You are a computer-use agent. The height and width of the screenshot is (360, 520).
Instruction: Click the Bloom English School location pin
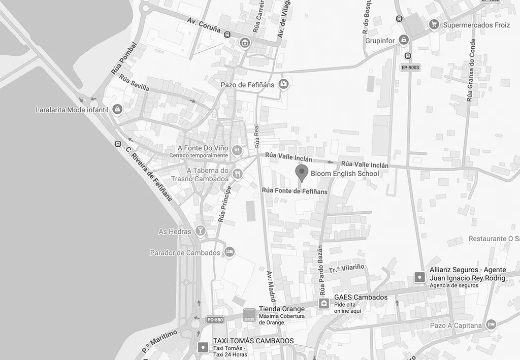coord(302,173)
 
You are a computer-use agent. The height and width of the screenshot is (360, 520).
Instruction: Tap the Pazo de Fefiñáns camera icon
coord(284,84)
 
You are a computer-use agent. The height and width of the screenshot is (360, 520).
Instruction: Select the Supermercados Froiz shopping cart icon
coord(434,24)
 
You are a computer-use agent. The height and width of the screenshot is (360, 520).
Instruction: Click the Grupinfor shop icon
coord(404,40)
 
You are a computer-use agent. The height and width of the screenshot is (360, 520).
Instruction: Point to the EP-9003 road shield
coord(410,68)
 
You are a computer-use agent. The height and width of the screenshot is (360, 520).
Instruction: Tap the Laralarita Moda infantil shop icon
coord(117,109)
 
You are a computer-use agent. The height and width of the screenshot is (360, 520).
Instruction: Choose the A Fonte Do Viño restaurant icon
coord(237,150)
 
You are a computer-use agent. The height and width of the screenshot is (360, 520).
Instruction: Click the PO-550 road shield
coord(215,319)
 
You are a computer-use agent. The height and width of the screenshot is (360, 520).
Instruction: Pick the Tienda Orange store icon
coord(249,314)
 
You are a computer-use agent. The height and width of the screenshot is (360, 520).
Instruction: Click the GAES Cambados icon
coord(324,303)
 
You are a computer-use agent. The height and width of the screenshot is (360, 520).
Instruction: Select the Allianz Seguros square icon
coord(419,277)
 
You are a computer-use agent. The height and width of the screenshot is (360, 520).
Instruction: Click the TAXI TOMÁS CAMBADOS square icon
coord(203,347)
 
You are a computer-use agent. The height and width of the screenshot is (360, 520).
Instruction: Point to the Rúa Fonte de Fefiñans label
coord(295,191)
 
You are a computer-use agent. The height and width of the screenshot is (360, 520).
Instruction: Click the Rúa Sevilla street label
coord(135,83)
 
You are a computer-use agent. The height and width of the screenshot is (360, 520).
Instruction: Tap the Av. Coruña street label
coord(204,25)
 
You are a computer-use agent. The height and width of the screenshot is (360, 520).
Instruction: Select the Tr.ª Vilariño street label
coord(346,269)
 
